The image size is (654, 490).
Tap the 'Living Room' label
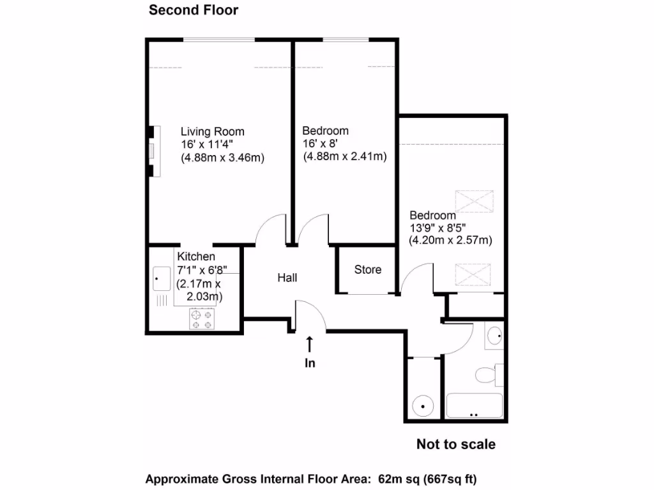click(x=212, y=131)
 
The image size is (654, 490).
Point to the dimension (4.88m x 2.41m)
click(x=345, y=156)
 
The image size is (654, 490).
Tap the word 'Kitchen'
click(x=195, y=256)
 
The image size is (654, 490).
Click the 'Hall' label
click(x=287, y=278)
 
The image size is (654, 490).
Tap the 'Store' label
click(x=367, y=270)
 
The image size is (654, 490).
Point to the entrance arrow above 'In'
click(x=310, y=345)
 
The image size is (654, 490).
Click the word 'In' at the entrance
click(x=310, y=364)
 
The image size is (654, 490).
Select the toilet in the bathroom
click(x=487, y=374)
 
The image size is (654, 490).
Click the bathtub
click(x=474, y=406)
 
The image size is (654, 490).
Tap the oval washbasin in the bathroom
click(x=494, y=336)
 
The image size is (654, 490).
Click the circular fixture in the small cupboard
click(x=422, y=405)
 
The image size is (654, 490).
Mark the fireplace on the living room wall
click(x=151, y=151)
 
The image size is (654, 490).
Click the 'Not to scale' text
click(x=455, y=444)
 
